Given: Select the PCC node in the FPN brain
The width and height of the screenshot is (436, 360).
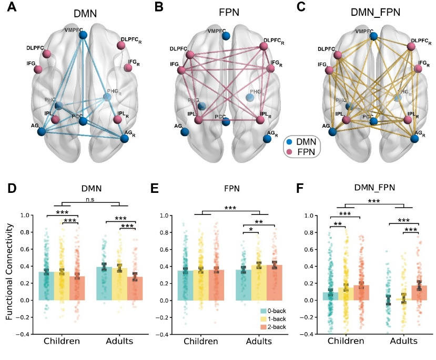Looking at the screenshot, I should click(226, 121).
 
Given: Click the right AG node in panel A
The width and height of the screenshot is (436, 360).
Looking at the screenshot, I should click(125, 139).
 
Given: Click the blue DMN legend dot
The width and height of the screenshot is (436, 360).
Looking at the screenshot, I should click(288, 142).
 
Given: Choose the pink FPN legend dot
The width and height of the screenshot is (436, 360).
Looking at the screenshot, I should click(288, 152).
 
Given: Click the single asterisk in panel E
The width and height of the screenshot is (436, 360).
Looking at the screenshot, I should click(251, 230).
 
